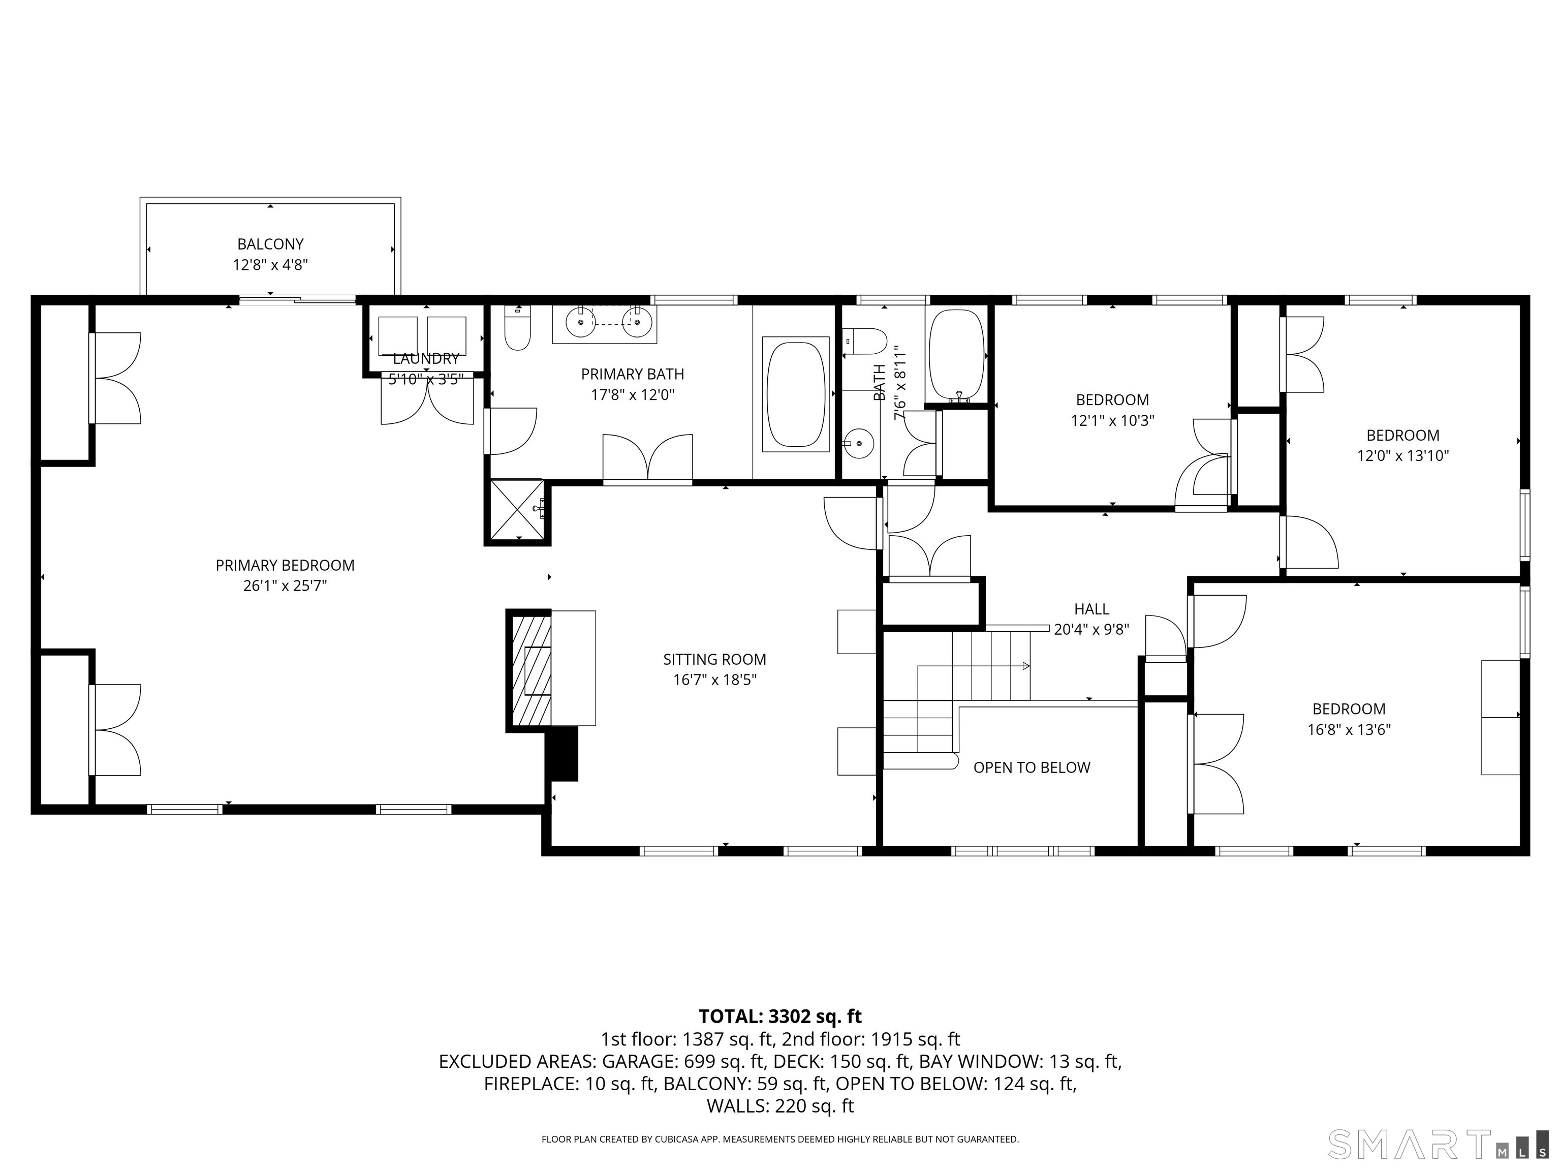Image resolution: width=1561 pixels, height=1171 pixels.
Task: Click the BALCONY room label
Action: tap(270, 244)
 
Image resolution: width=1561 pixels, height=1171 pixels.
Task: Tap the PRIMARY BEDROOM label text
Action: tap(285, 565)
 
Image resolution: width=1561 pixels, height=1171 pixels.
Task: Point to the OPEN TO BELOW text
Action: tap(1032, 767)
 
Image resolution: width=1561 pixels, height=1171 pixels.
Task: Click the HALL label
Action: tap(1091, 608)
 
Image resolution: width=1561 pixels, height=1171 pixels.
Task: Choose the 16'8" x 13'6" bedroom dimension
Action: tap(1349, 730)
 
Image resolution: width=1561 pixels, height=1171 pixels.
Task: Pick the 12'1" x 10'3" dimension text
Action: tap(1112, 421)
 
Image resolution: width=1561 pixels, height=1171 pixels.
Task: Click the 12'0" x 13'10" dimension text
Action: tap(1403, 456)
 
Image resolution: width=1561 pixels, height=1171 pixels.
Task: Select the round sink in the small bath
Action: tap(858, 443)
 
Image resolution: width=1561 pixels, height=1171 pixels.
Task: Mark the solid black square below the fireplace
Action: tap(563, 754)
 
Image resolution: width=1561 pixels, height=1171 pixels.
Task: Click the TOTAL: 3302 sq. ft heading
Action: tap(780, 1016)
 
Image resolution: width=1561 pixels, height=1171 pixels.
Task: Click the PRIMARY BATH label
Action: tap(632, 374)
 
